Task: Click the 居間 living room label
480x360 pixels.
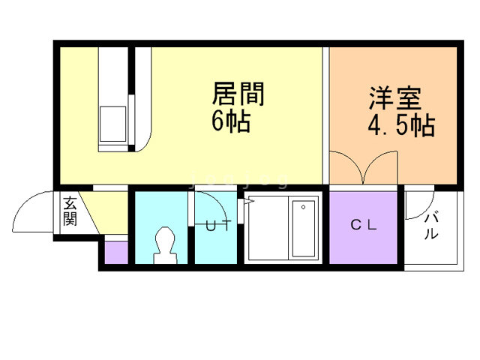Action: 238,94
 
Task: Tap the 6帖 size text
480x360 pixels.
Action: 231,121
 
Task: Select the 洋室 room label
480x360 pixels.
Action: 395,98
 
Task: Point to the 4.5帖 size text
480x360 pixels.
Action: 401,125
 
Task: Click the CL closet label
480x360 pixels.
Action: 363,225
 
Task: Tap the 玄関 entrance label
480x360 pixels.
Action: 70,211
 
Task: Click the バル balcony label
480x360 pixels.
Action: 431,226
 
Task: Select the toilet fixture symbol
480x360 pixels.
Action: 165,245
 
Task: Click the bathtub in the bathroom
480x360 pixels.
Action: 303,228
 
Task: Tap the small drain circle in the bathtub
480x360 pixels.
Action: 303,207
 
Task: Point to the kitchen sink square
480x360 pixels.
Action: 113,124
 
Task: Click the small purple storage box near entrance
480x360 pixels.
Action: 116,252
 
